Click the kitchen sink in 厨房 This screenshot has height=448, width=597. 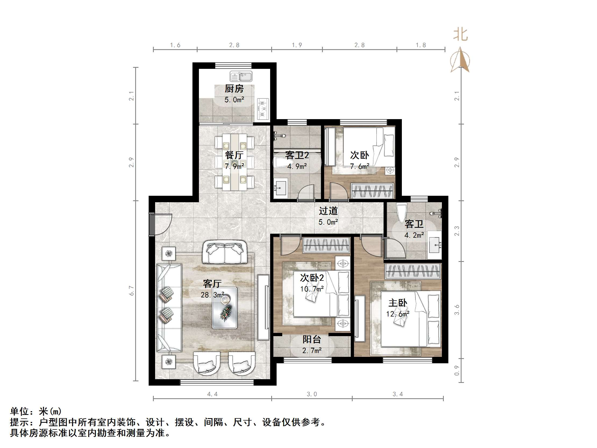[x=241, y=76]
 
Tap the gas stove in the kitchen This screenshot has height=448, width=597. [x=263, y=109]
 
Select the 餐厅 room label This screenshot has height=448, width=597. [x=234, y=155]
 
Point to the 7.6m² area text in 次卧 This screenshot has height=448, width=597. [x=360, y=166]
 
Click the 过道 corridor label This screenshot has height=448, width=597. [x=328, y=211]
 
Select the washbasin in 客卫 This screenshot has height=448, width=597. [x=435, y=245]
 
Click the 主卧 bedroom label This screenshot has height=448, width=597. [x=398, y=303]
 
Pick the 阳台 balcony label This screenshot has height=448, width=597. [x=312, y=339]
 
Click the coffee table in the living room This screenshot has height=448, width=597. [x=224, y=308]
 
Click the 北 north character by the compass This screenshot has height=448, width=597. [x=460, y=35]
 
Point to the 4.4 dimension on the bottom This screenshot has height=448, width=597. [x=212, y=394]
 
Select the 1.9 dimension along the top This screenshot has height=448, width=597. [x=297, y=45]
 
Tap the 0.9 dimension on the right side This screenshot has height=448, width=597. [x=457, y=371]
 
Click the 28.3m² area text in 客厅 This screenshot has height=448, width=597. [x=212, y=295]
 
